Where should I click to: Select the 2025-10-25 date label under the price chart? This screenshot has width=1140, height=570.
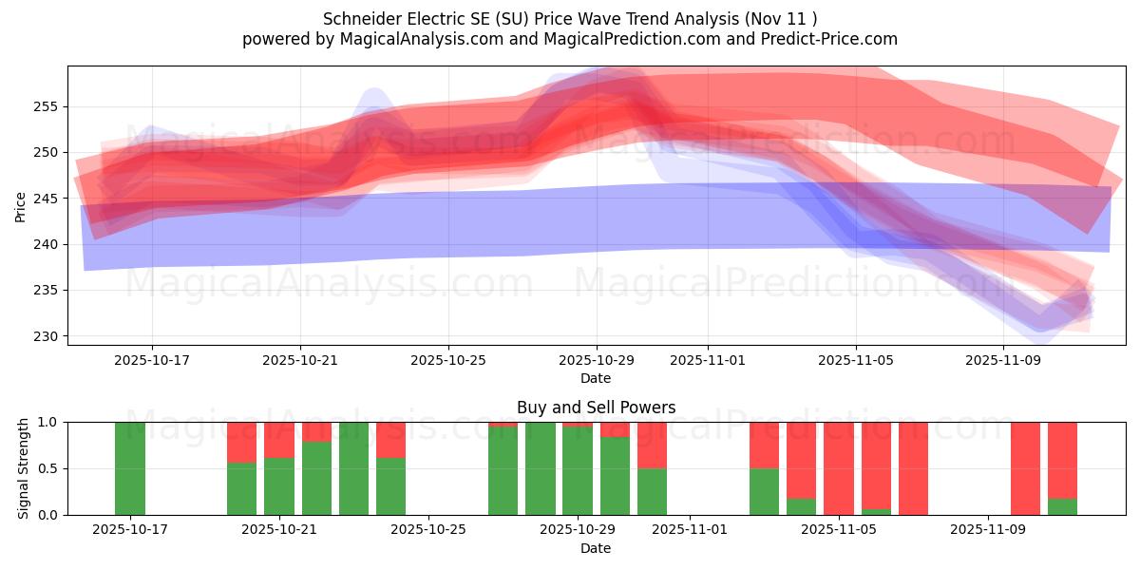coord(448,360)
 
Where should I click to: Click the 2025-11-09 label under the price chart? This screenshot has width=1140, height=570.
coord(1004,360)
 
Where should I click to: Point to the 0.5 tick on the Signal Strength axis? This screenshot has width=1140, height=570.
coord(48,468)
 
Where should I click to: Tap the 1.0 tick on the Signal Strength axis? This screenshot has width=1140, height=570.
coord(48,422)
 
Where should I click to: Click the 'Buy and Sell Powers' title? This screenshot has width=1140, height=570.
coord(596,408)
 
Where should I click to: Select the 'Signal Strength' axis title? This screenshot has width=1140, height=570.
coord(24,468)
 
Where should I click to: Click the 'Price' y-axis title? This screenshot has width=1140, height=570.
coord(21,205)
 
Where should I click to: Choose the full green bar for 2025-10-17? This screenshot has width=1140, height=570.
coord(130,468)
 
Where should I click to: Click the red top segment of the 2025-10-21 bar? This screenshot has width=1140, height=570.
coord(279,439)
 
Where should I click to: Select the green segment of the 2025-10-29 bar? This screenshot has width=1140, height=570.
coord(578,471)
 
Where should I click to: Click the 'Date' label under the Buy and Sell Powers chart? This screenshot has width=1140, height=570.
coord(596,548)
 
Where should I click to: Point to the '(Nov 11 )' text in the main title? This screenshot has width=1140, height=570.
coord(781,19)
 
